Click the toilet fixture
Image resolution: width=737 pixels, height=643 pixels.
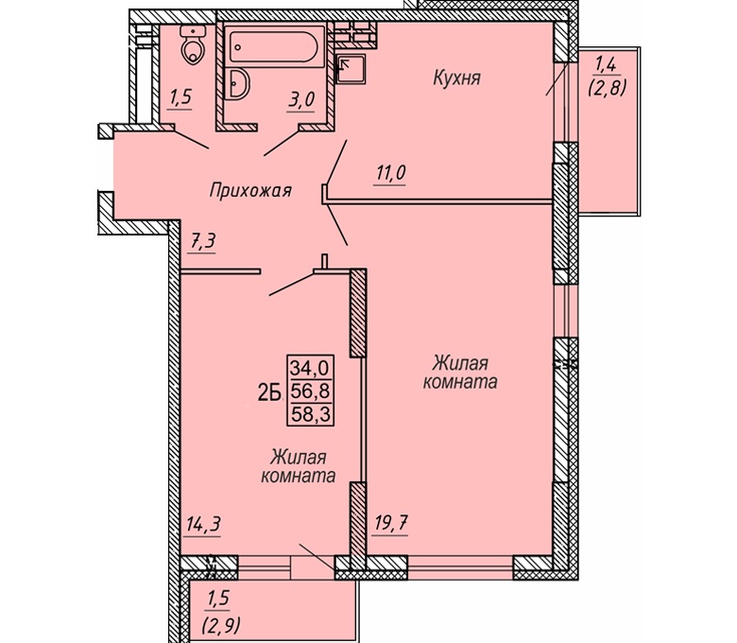point(193,44)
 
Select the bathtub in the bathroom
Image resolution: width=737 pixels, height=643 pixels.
point(275,47)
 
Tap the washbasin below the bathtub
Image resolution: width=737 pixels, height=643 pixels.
point(237,84)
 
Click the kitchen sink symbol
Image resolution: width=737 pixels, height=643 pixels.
point(351,69)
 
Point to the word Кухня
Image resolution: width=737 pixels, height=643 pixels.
point(457,78)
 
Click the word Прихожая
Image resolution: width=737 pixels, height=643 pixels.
point(250,190)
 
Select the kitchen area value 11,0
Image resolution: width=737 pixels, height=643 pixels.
point(390,173)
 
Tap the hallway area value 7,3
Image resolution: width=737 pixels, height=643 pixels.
point(202,242)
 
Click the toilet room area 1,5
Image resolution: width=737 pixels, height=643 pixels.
point(180,97)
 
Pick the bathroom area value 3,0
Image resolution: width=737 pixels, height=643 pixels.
point(300,100)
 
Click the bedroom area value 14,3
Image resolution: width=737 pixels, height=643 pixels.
point(203,524)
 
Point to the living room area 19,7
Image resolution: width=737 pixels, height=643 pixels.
point(391,523)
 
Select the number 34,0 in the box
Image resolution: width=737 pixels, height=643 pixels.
point(310,368)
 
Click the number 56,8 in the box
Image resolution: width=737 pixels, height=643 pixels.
point(310,391)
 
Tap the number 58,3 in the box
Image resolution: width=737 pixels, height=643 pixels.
point(310,414)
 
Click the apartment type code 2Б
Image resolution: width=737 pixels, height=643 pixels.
point(269,392)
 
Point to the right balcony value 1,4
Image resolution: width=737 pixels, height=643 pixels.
point(606,64)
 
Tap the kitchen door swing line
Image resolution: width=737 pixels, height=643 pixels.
point(336,163)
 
